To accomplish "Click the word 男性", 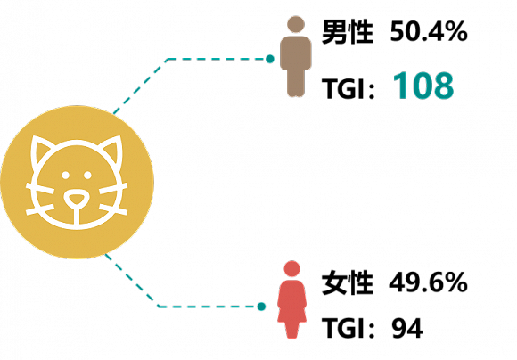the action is point(348,32).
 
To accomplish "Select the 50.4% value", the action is point(429,32).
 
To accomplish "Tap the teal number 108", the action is point(423,86).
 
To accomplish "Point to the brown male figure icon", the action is point(296,56).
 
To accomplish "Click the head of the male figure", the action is point(296,24).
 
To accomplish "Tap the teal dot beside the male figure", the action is point(270,59).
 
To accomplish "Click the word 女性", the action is point(348,282).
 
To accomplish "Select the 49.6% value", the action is point(428,282).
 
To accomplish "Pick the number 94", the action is point(407,328).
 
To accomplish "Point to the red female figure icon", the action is point(291,299).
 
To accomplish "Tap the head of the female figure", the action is point(291,268).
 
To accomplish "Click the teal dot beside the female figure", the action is point(261,307).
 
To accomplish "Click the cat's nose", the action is point(77,199).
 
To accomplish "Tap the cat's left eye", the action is point(66,175).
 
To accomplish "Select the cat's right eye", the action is point(87,175).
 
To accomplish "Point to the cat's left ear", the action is point(39,150).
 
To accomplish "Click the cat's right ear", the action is point(112,150).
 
